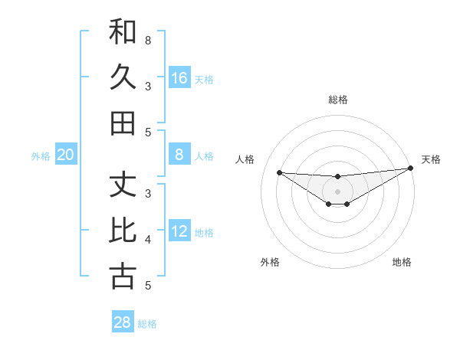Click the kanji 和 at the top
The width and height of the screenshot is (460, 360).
click(x=123, y=31)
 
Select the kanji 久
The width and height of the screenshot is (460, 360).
click(x=123, y=77)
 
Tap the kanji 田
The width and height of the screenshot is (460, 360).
click(x=123, y=123)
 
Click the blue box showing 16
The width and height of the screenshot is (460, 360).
click(x=179, y=77)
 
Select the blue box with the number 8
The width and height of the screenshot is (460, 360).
click(x=179, y=155)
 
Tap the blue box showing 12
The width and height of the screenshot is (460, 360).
click(x=179, y=231)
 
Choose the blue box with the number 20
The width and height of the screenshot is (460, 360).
click(x=66, y=155)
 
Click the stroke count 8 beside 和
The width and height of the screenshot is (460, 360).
click(x=148, y=39)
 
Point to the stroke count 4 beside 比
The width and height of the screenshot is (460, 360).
click(x=148, y=240)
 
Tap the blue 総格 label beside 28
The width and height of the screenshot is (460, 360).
click(x=147, y=324)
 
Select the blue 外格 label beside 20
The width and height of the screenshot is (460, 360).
click(x=41, y=156)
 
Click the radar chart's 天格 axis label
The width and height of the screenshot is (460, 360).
click(x=431, y=159)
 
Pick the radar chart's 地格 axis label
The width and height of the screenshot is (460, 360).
click(x=402, y=262)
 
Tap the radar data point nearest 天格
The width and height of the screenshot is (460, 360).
click(x=411, y=169)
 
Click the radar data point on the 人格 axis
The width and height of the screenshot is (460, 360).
click(x=279, y=172)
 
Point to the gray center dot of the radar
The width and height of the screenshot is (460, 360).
click(x=337, y=191)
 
